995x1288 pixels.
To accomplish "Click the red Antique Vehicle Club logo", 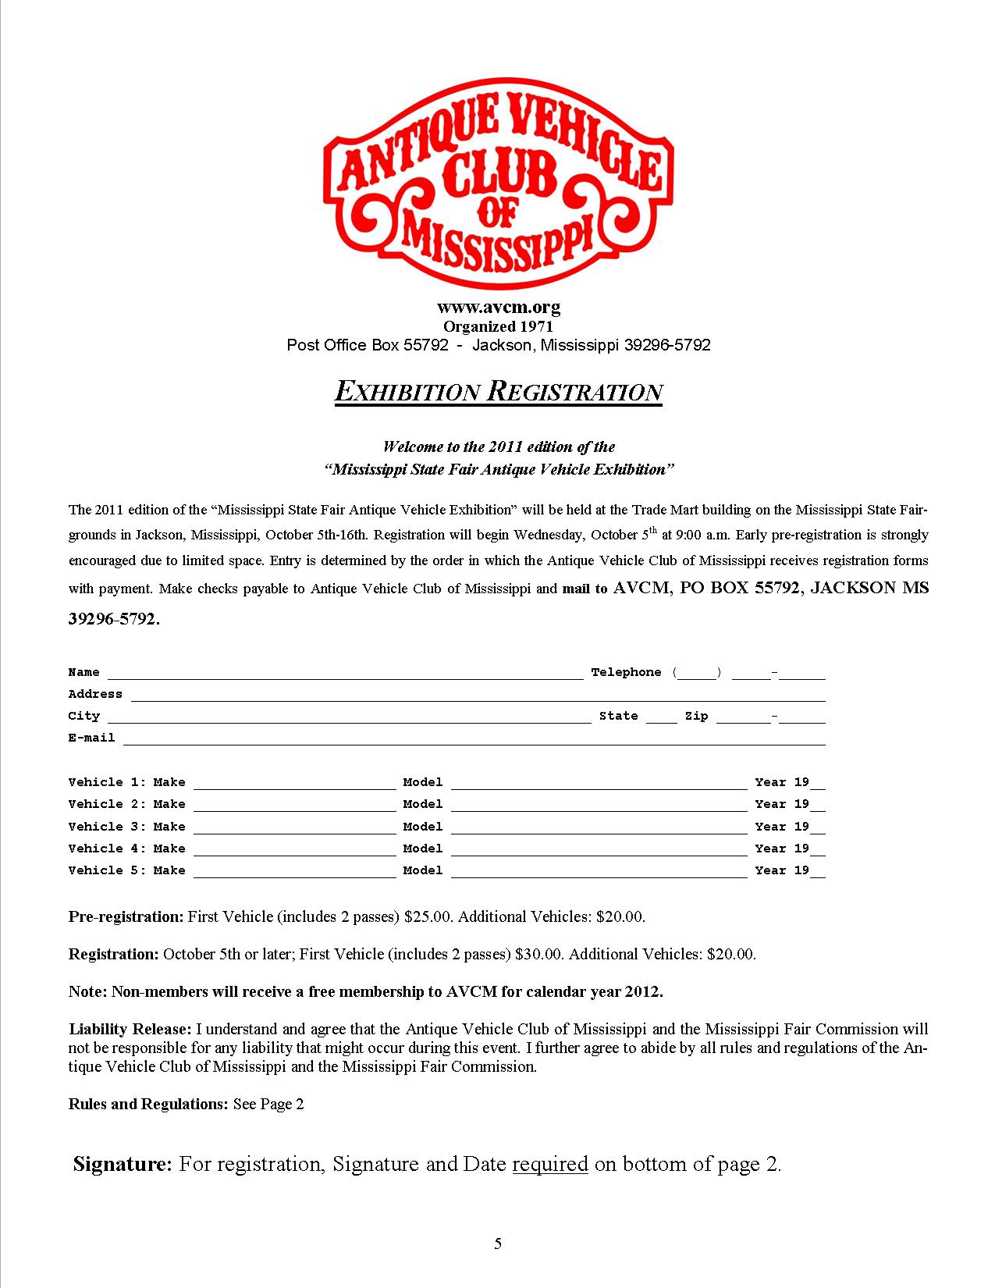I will [x=497, y=187].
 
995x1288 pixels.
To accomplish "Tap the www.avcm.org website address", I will [x=498, y=308].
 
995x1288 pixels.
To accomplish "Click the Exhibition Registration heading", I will [x=498, y=392].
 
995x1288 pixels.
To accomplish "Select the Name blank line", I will [x=345, y=674].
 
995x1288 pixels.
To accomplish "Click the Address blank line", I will [x=478, y=696].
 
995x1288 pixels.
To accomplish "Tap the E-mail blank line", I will [x=474, y=739].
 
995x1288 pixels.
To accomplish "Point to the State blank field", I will [x=662, y=717].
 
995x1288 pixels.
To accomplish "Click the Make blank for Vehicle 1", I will [x=294, y=784].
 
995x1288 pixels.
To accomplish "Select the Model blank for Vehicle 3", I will [x=599, y=828].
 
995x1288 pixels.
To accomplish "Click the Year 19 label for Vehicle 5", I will [x=782, y=870].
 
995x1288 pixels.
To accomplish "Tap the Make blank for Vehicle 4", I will [x=294, y=850].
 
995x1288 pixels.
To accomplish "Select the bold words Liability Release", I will [x=130, y=1029].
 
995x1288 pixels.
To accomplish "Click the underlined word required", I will [x=549, y=1165].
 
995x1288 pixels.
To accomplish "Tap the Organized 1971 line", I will [x=498, y=326].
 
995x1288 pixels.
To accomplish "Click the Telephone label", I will [x=626, y=672].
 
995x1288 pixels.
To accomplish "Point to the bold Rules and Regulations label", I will [x=148, y=1104].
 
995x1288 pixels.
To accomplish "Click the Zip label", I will [x=696, y=716].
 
